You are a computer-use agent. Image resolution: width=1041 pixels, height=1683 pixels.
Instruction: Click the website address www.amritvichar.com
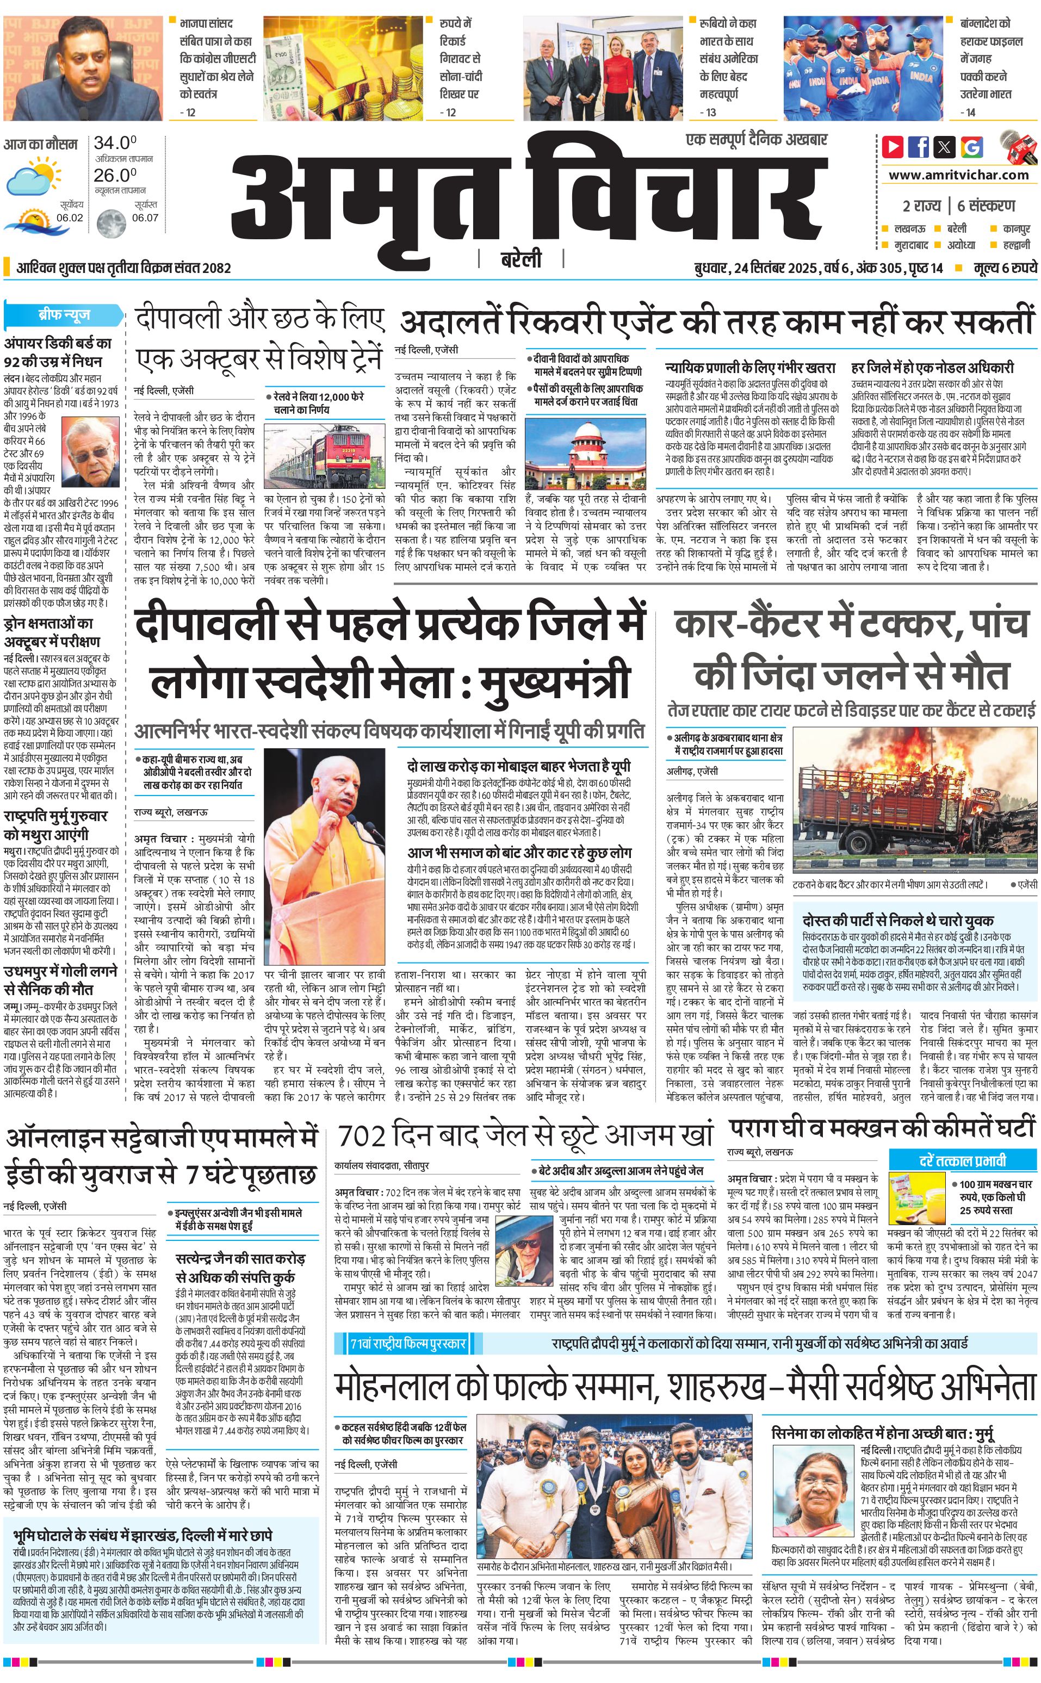coord(958,175)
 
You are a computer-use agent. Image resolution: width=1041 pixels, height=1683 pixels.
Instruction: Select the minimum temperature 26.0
coord(115,175)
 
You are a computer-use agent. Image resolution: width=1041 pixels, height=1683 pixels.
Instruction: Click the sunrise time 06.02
coord(70,218)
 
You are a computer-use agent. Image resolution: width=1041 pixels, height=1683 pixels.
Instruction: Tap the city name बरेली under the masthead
coord(520,259)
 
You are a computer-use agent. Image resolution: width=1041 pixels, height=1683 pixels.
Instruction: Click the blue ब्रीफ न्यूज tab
coord(64,315)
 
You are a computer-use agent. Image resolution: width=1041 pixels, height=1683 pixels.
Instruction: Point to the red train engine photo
coord(324,456)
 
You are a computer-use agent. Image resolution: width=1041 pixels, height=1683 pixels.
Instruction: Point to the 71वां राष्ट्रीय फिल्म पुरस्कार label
coord(408,1324)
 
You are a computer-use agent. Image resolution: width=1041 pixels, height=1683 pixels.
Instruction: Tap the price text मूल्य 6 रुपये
coord(1004,268)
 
